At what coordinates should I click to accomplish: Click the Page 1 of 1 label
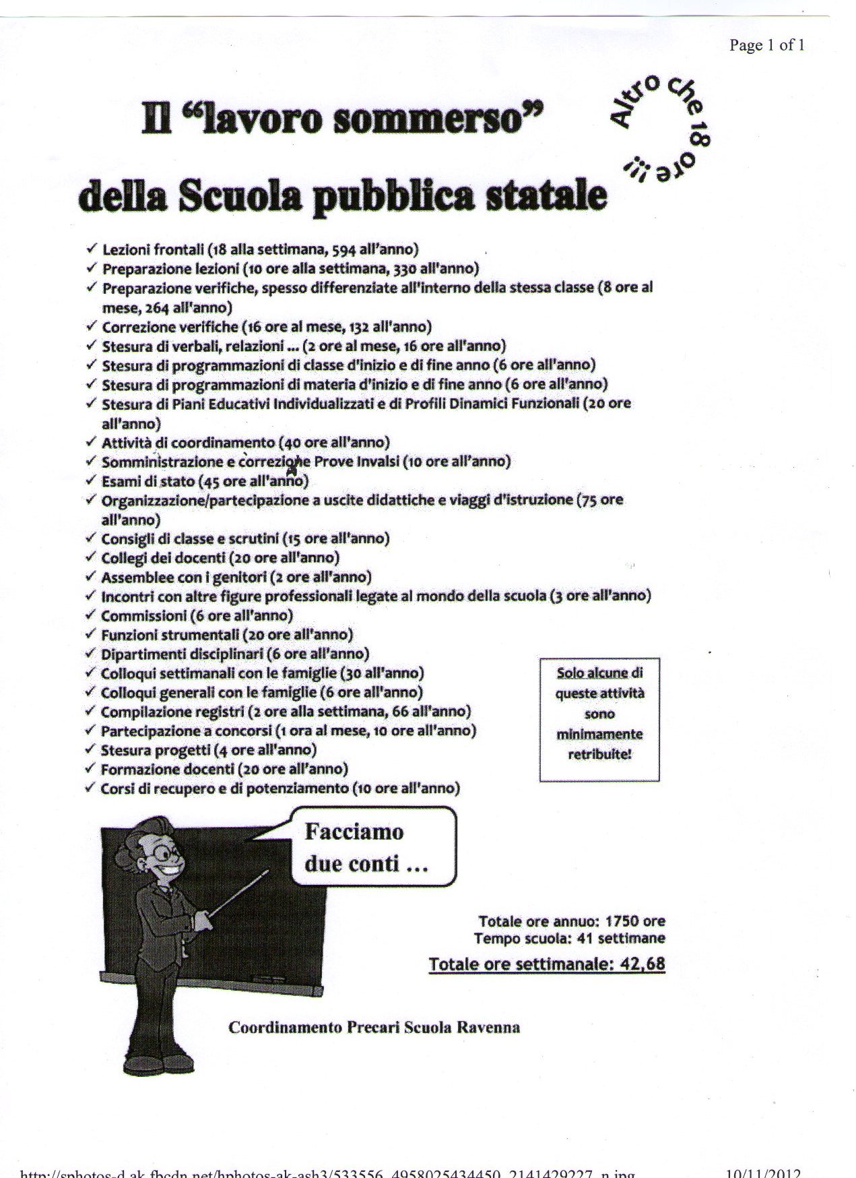click(766, 45)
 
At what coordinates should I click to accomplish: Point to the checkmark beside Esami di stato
click(91, 480)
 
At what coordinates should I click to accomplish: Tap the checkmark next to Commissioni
click(91, 615)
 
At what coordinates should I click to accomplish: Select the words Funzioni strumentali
click(170, 634)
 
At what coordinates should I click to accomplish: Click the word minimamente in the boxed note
click(599, 734)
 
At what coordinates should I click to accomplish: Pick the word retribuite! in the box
click(599, 754)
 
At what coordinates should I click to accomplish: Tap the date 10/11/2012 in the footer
click(765, 1173)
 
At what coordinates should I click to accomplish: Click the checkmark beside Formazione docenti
click(91, 768)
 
